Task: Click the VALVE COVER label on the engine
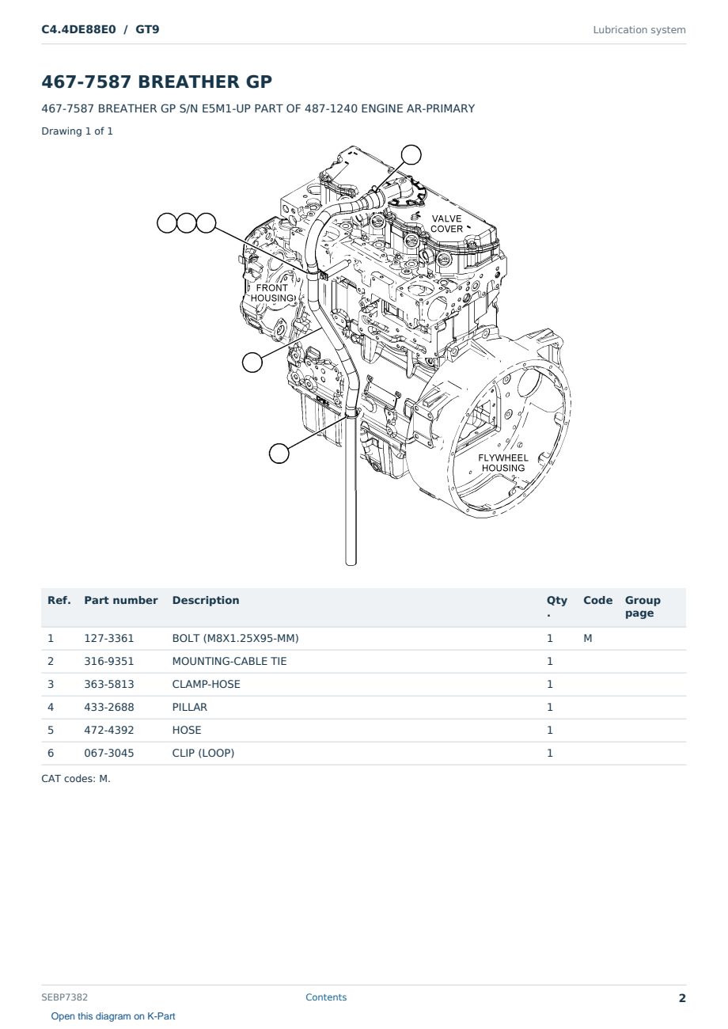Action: [x=446, y=224]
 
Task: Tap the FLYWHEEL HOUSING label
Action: [x=503, y=462]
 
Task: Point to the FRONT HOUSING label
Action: [x=272, y=293]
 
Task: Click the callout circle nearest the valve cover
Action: [x=411, y=155]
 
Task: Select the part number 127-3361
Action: [x=109, y=638]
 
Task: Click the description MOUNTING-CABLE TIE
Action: [x=229, y=661]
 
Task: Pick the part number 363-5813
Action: [x=109, y=684]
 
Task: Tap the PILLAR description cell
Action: [x=190, y=707]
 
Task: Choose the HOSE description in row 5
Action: [x=187, y=730]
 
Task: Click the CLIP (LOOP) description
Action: [x=203, y=753]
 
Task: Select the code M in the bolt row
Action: [x=587, y=638]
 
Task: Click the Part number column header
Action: [x=121, y=600]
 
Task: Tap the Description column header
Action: [x=206, y=600]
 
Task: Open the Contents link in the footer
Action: [x=326, y=997]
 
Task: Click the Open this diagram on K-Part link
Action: [x=113, y=1016]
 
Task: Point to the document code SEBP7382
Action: [x=64, y=997]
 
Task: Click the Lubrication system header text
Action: [x=639, y=30]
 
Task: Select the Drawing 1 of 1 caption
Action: [x=78, y=131]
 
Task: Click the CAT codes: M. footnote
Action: [x=76, y=779]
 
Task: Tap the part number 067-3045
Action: [x=109, y=753]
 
